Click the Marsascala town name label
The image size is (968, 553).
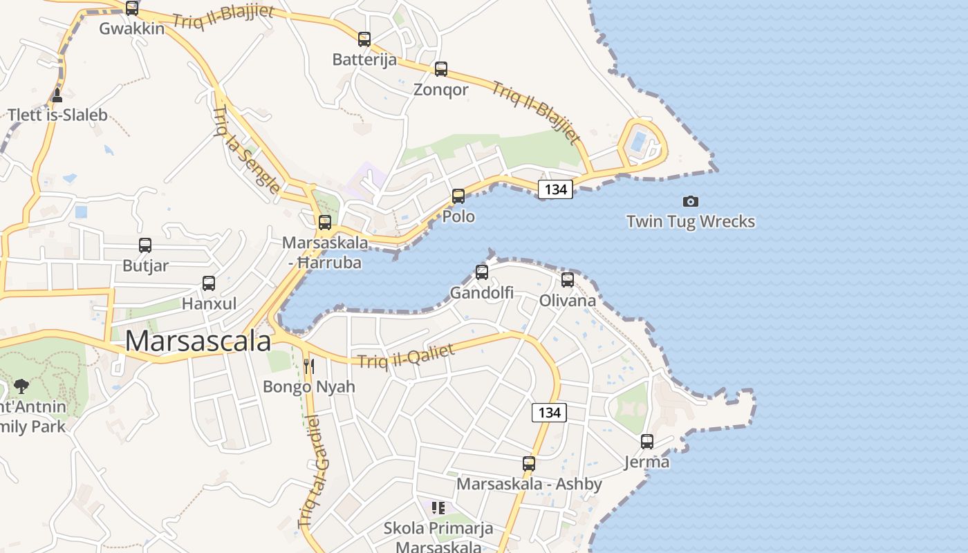point(198,341)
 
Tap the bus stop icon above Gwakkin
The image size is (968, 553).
point(131,8)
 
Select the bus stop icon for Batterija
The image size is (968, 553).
point(364,39)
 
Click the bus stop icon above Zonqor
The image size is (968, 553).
point(440,69)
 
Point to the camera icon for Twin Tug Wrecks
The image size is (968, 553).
point(690,201)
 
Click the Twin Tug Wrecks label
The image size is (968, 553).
point(690,221)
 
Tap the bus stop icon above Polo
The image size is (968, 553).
point(458,196)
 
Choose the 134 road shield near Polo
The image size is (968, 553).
point(555,189)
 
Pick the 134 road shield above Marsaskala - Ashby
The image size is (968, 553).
point(549,413)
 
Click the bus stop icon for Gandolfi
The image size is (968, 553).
point(482,272)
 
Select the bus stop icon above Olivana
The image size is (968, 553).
point(568,280)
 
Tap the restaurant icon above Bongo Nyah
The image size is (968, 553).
point(309,366)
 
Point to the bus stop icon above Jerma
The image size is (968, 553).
point(647,441)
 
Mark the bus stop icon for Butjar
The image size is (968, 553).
point(145,245)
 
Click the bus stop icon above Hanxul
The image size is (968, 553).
point(209,283)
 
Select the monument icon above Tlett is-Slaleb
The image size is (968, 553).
point(57,95)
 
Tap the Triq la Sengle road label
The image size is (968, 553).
point(247,149)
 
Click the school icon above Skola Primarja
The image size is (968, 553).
point(438,509)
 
